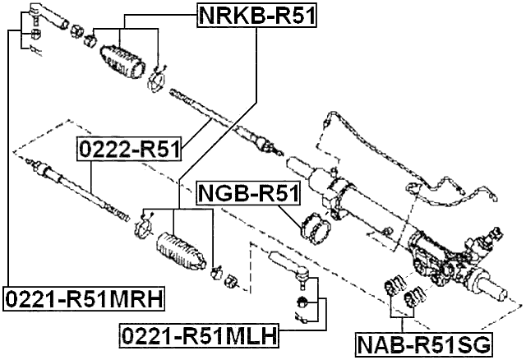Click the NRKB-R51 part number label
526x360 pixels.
(257, 14)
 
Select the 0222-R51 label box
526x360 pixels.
(129, 149)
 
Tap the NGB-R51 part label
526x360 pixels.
(249, 195)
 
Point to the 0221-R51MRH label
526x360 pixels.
(82, 298)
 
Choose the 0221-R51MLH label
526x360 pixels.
(197, 336)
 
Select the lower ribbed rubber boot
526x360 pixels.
(178, 250)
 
